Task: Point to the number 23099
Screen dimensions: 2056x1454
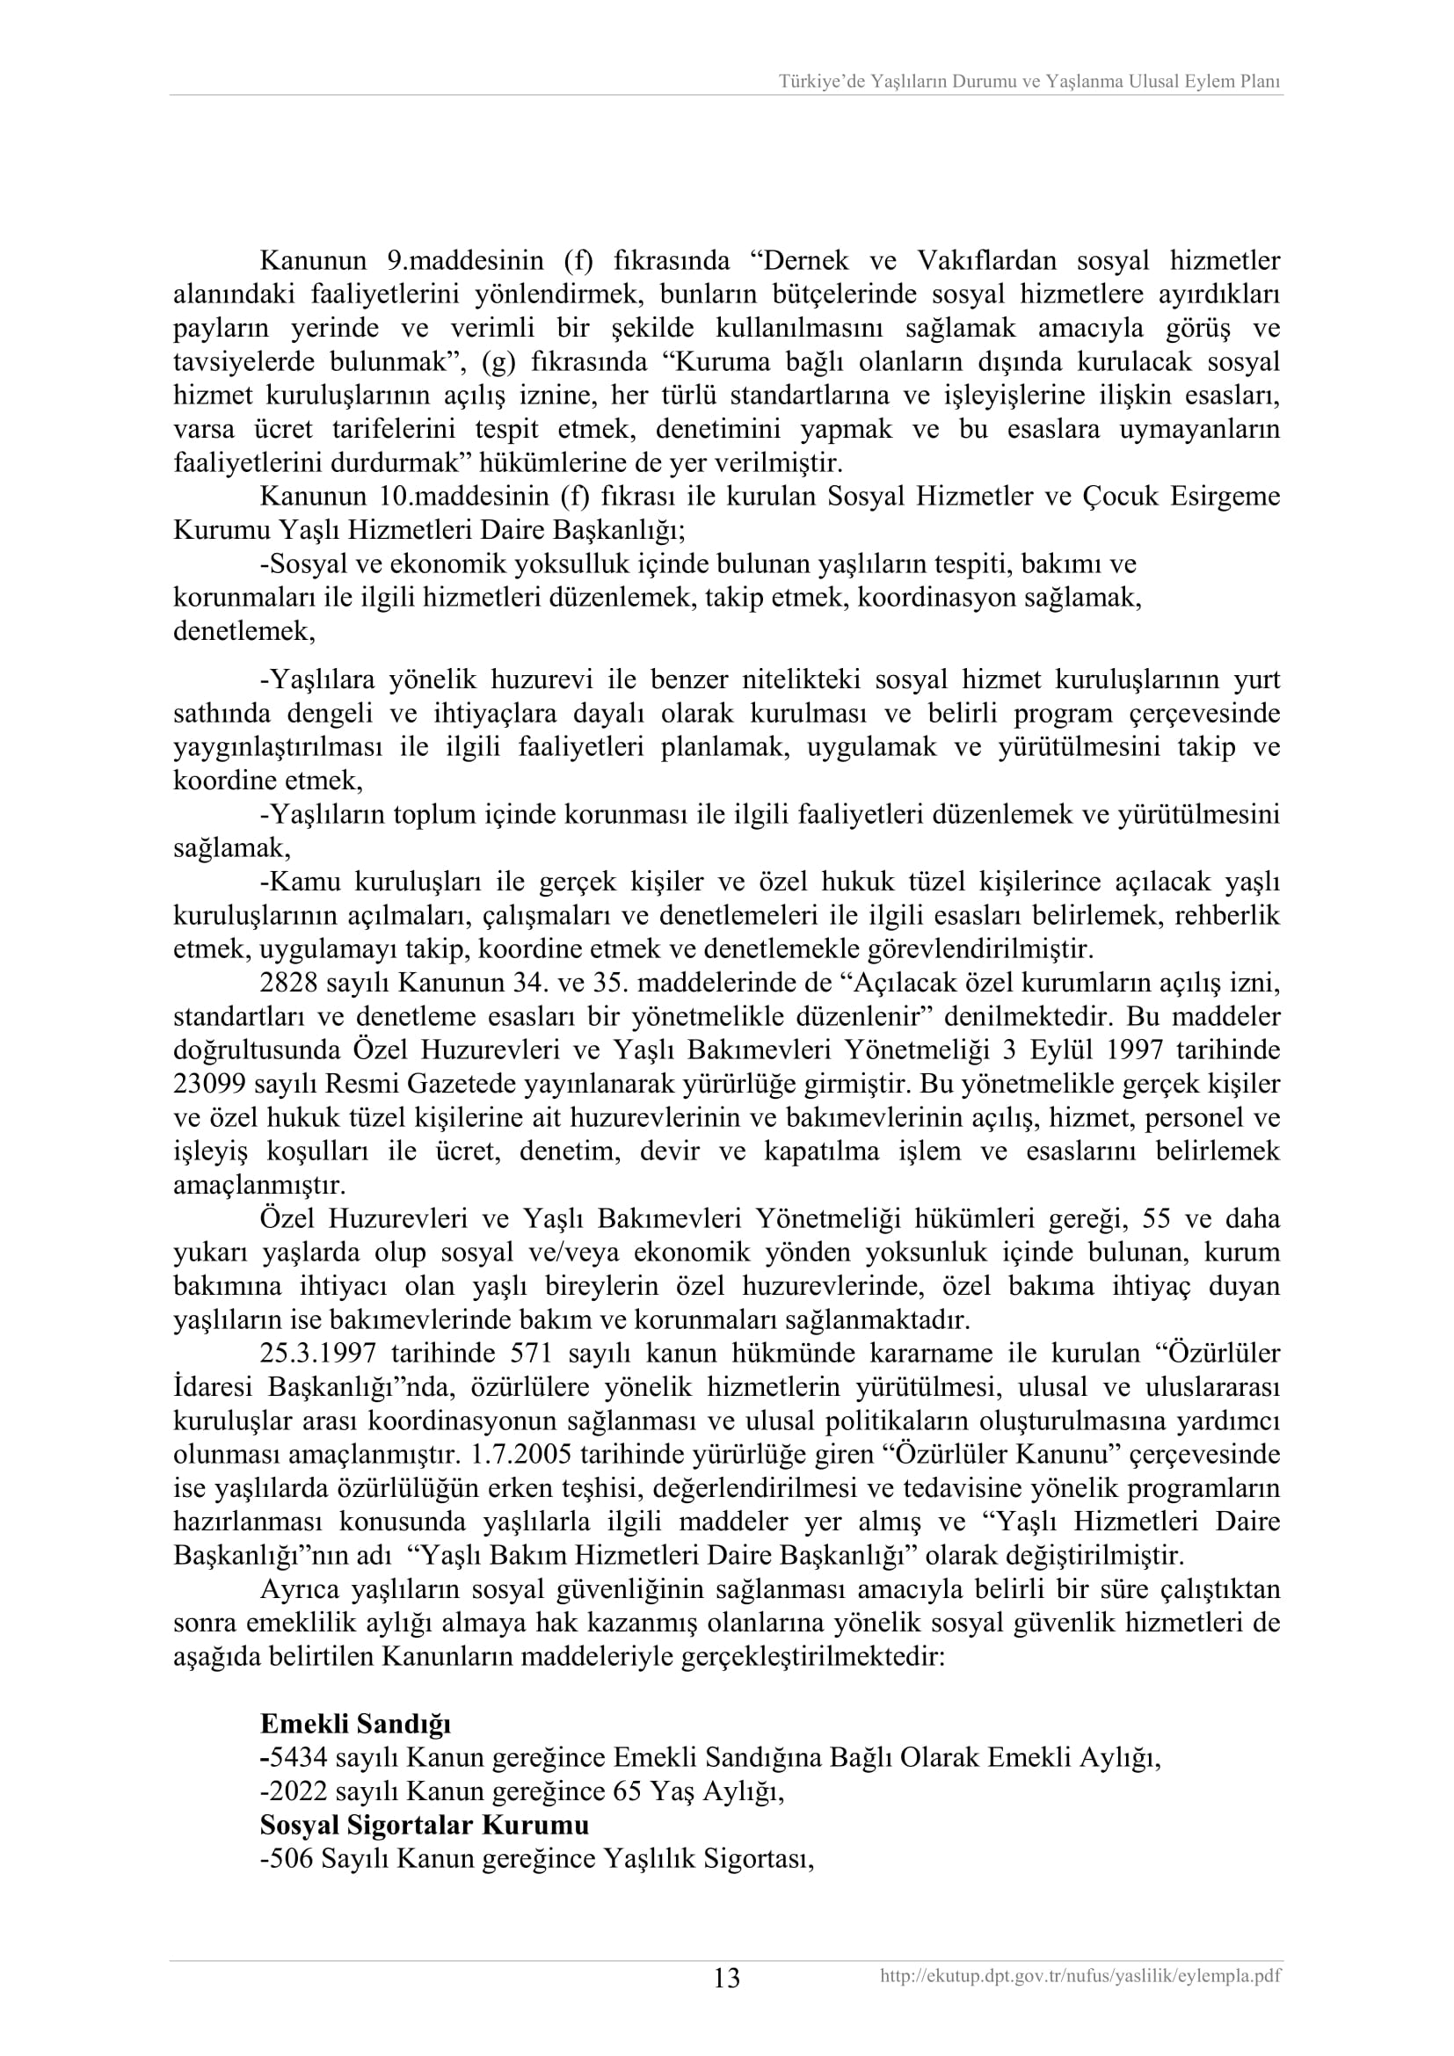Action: (x=208, y=1085)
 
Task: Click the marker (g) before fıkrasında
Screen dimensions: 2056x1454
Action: (x=496, y=362)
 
